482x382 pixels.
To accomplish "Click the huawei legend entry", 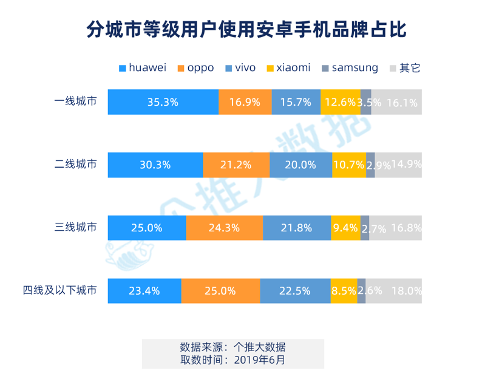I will pos(143,68).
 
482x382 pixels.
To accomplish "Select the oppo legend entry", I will pos(195,68).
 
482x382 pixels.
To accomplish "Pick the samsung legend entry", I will pos(349,68).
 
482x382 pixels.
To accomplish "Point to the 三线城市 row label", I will pos(75,228).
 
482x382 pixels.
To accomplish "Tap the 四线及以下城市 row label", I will pos(59,290).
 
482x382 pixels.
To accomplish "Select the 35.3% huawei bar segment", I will pos(163,102).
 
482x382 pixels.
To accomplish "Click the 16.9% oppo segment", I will pos(245,102).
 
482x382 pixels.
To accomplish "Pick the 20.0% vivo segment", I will pos(300,165).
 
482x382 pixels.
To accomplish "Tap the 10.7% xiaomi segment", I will pos(349,165).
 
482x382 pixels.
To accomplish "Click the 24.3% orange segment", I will pos(225,228).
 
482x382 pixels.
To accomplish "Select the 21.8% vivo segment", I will pos(297,228).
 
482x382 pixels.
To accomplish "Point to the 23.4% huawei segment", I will pos(144,290).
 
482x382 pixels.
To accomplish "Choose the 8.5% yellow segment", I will pos(344,290).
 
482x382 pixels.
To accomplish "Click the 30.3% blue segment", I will pos(155,165).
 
